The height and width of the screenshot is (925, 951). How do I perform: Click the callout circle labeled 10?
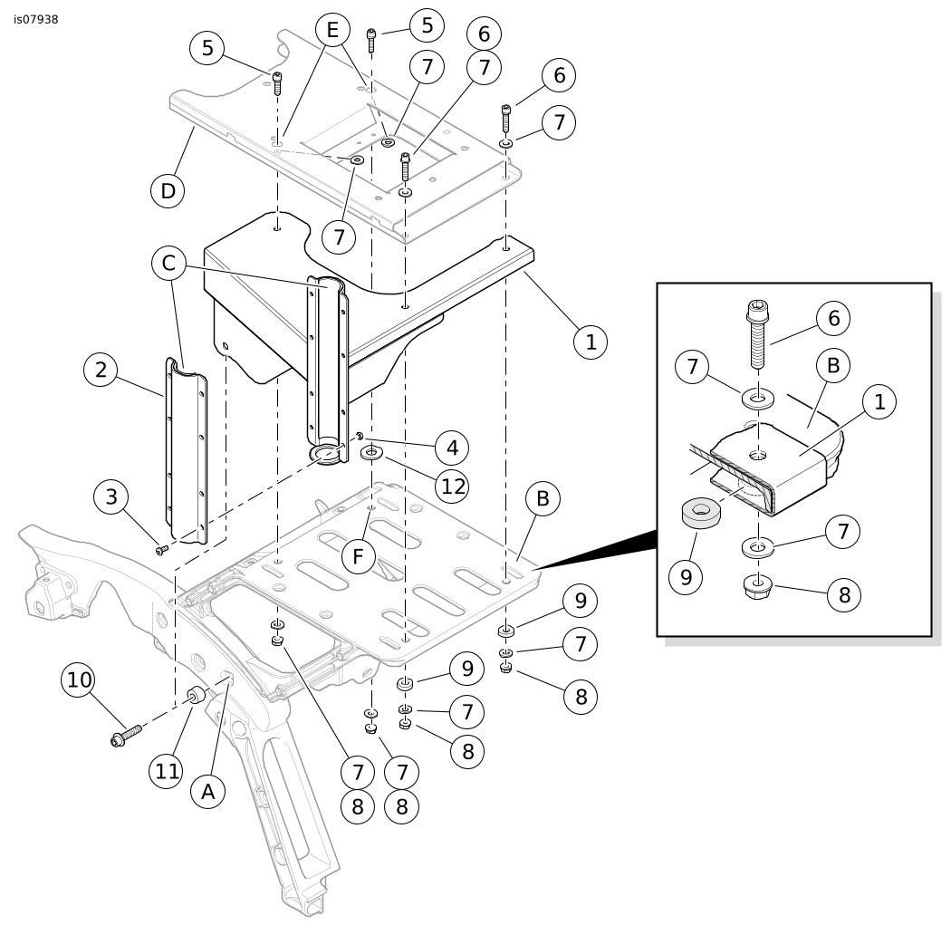click(79, 680)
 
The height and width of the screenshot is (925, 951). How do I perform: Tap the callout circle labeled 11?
click(167, 771)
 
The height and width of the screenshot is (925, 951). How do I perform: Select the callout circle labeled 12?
click(453, 486)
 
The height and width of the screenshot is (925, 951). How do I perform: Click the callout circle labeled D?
click(168, 190)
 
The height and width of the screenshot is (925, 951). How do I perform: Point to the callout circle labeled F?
click(359, 555)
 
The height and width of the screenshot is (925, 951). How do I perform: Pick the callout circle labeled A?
click(208, 792)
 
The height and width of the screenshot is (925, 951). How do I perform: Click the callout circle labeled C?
click(168, 263)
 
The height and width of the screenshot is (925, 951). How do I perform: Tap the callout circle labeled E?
click(332, 30)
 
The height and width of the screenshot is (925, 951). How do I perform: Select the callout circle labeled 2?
click(101, 370)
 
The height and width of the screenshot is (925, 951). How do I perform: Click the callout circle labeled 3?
click(111, 496)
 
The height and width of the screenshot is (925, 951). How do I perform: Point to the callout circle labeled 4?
click(453, 448)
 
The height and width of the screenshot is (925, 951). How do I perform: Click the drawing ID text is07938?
click(36, 19)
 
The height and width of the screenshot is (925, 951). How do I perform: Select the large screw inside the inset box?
click(755, 333)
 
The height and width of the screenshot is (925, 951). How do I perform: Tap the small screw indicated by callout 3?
click(162, 550)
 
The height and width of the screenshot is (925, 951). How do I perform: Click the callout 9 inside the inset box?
click(686, 576)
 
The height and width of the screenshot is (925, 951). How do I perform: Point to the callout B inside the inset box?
click(833, 365)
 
